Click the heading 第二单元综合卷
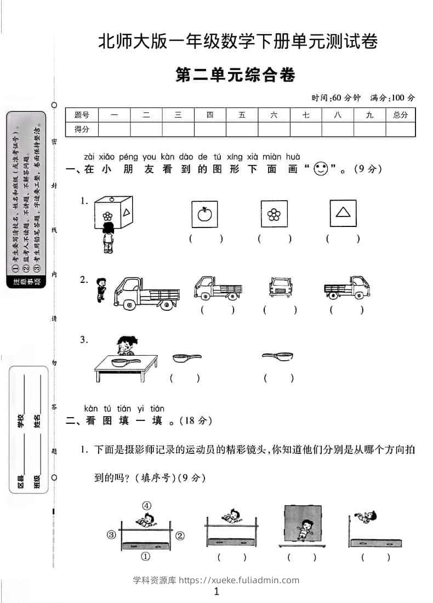click(x=235, y=75)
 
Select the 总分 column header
click(x=400, y=115)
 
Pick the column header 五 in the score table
click(x=242, y=115)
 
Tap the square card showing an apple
click(x=204, y=213)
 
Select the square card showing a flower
click(x=274, y=213)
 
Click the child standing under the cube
click(x=108, y=238)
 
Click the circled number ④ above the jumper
click(x=146, y=505)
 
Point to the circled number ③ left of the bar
click(x=111, y=534)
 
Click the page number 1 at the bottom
click(x=216, y=591)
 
